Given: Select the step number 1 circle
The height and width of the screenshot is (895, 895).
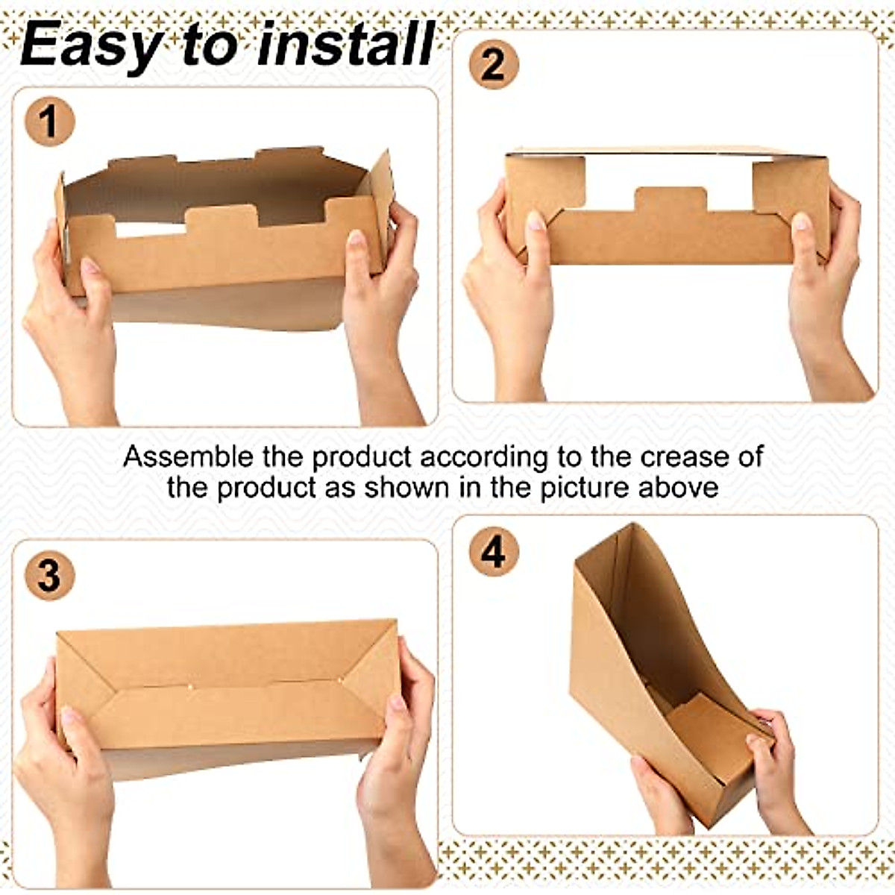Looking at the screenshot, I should tap(50, 122).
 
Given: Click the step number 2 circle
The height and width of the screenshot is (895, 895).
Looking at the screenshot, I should tap(494, 65).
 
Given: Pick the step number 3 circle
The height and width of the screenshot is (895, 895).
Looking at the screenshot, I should tap(50, 576).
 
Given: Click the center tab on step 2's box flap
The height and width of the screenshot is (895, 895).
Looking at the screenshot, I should tap(670, 200).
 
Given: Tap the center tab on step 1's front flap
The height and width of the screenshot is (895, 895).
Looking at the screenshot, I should tap(222, 218).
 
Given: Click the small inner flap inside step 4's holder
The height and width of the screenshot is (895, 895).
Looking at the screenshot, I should tap(712, 735).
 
